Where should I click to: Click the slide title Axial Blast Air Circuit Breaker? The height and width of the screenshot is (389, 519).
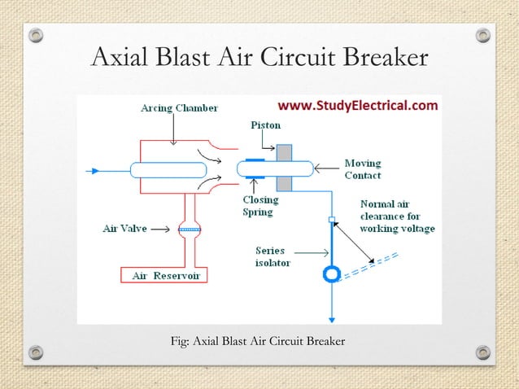pos(259,59)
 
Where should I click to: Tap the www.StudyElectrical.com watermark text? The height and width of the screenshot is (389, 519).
pos(358,106)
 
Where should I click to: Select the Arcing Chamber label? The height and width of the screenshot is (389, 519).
pos(179,107)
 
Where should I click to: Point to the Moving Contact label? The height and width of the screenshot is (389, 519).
pos(363,169)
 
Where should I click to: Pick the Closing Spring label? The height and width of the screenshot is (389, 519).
pos(260,205)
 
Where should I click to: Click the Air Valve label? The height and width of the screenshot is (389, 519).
pos(124,229)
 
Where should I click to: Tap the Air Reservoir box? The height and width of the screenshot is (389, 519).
pos(165,276)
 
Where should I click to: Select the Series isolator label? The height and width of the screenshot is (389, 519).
pos(270,256)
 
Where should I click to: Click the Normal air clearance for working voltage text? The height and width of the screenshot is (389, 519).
pos(397,216)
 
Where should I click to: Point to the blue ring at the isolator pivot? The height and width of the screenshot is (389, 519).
pos(331,274)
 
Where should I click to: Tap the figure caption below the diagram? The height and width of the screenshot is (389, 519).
pos(258,340)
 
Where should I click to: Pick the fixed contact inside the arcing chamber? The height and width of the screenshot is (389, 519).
pos(168,170)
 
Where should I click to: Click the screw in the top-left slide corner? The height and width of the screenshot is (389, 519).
pos(36,35)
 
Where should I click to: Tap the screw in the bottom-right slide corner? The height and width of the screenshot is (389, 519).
pos(483,352)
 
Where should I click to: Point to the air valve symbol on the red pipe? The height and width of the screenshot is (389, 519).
pos(190,229)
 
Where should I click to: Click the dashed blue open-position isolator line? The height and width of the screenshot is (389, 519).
pos(370,264)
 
